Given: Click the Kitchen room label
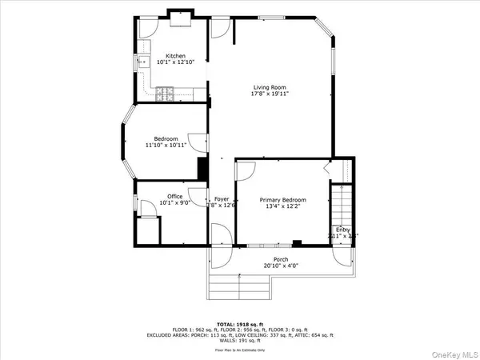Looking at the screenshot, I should [x=175, y=56].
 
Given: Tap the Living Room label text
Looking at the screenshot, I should [x=270, y=87].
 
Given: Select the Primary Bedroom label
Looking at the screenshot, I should [x=283, y=200].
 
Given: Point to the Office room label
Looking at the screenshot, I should [x=174, y=196].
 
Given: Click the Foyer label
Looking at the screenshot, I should [x=222, y=199].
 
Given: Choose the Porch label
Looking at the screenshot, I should [x=281, y=259].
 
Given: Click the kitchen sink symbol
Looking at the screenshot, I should [x=146, y=62].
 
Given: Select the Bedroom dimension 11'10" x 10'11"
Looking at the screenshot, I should [x=166, y=146].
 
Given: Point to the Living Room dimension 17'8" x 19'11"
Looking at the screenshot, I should [x=270, y=94].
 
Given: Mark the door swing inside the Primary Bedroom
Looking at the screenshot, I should [x=246, y=171].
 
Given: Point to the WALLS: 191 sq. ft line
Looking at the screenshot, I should [x=240, y=338].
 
